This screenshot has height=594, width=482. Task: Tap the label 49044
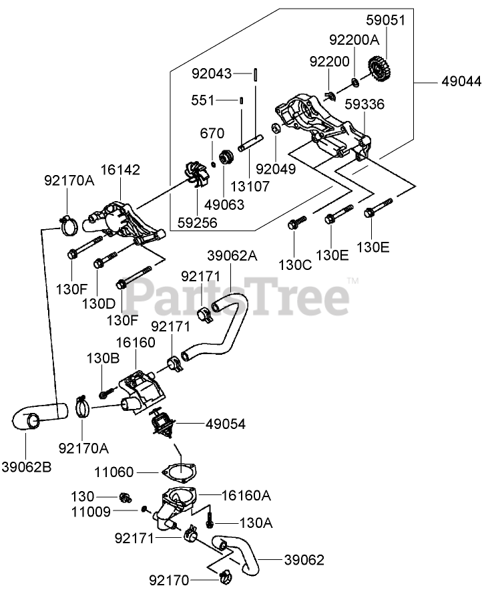[x=460, y=82]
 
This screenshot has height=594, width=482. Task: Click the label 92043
[x=213, y=73]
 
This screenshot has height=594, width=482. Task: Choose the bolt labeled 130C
[x=294, y=223]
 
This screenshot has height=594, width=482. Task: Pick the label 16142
[x=120, y=170]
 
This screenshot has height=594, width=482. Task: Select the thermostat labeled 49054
[x=163, y=423]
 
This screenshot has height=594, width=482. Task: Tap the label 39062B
[x=27, y=465]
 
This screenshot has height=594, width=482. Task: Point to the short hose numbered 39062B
[x=39, y=418]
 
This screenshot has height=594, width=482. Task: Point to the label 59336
[x=365, y=104]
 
